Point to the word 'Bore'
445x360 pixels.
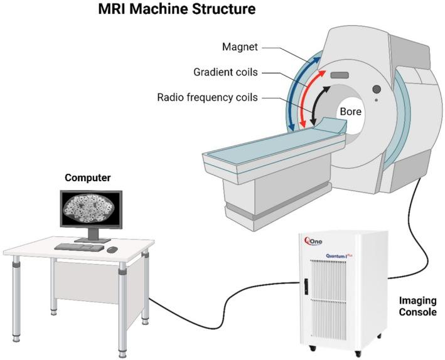coord(350,111)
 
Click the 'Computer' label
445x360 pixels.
coord(88,178)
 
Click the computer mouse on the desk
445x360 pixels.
coord(112,250)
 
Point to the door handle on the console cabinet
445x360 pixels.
coord(306,287)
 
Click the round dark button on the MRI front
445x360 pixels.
coord(377,89)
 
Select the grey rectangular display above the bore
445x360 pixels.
coord(339,75)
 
